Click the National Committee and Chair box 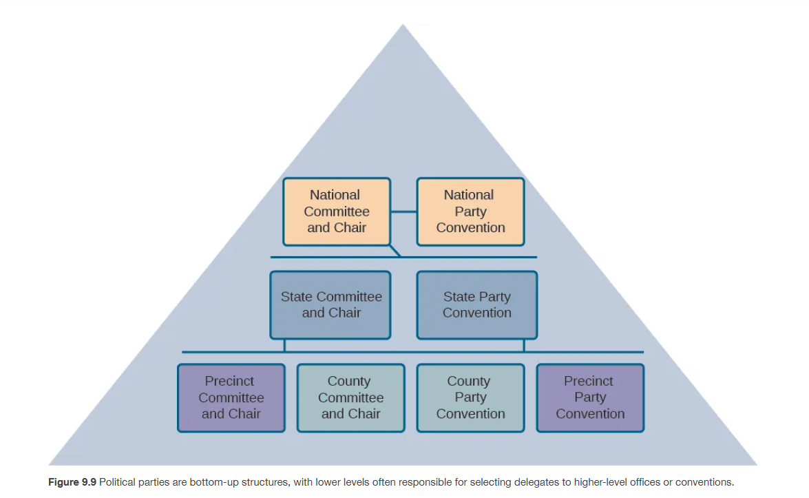(337, 211)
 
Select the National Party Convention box (470, 211)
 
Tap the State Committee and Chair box (330, 304)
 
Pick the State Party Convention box (476, 304)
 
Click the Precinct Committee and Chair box (231, 397)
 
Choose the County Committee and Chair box (350, 397)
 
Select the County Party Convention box (470, 397)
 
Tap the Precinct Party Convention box (590, 397)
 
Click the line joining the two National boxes (403, 211)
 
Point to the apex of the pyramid (403, 25)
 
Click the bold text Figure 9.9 (72, 482)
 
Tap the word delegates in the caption (494, 482)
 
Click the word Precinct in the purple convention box (589, 381)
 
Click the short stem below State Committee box (284, 345)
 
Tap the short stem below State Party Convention (524, 345)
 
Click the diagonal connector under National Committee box (395, 251)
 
